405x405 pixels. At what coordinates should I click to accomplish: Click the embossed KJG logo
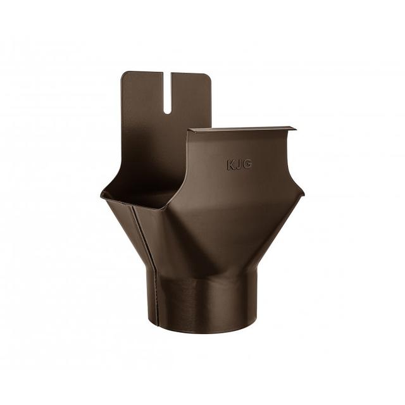[239, 165]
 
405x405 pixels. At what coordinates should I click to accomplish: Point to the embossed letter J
[239, 165]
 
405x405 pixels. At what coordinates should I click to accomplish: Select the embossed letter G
[247, 165]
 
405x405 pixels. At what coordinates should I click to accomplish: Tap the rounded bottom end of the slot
[167, 111]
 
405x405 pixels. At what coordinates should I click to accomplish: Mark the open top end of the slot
[167, 74]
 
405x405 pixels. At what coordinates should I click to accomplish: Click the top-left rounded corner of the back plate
[124, 75]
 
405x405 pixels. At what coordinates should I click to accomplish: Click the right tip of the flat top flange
[294, 128]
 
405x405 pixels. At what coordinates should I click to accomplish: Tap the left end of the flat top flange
[190, 130]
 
